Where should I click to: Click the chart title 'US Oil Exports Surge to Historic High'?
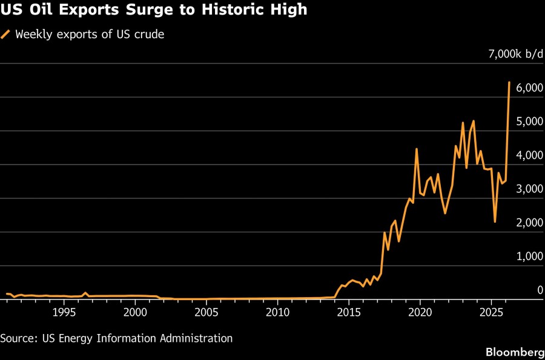click(154, 10)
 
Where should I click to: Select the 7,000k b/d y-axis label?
click(516, 54)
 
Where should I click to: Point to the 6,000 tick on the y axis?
click(525, 88)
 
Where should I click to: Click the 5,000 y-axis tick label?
click(525, 122)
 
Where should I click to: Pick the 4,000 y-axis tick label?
click(525, 155)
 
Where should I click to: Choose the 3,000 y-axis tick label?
click(525, 189)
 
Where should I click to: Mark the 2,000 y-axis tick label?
click(525, 223)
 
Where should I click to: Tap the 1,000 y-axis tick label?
click(525, 257)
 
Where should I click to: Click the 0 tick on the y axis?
click(540, 290)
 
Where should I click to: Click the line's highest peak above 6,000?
click(509, 82)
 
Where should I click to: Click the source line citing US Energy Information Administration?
click(116, 338)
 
